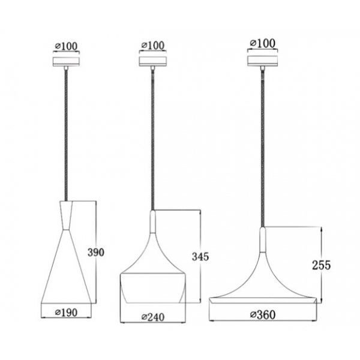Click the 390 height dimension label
click(96, 252)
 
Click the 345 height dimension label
click(200, 256)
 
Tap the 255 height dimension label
click(321, 265)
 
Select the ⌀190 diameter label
click(67, 313)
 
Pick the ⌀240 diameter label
click(153, 317)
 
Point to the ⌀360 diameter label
click(263, 315)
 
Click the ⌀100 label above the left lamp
click(67, 47)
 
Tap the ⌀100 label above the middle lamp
click(153, 46)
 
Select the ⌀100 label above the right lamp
click(263, 43)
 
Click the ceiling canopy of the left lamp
click(67, 62)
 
